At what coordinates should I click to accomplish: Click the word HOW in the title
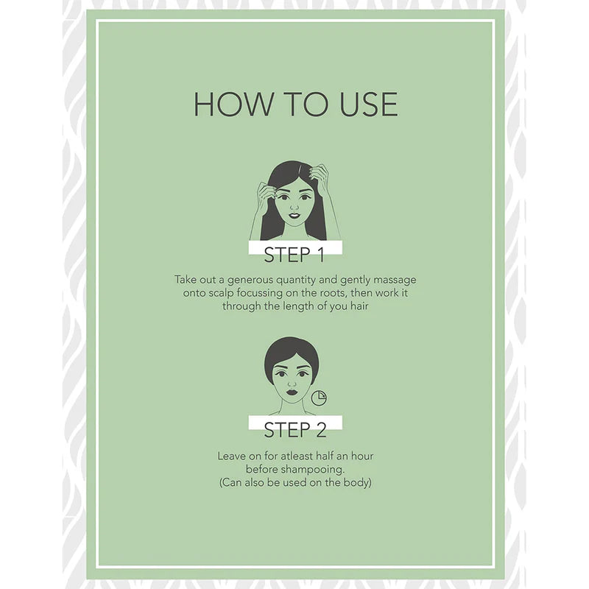[x=233, y=104]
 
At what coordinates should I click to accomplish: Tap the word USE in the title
[x=368, y=104]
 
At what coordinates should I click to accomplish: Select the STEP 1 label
[x=294, y=255]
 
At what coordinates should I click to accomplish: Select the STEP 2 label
[x=295, y=430]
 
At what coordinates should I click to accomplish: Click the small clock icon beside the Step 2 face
[x=319, y=398]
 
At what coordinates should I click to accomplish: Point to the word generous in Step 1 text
[x=250, y=281]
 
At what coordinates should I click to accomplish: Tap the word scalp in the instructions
[x=222, y=293]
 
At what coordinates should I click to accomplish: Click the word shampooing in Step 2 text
[x=312, y=470]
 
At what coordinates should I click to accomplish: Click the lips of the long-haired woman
[x=294, y=216]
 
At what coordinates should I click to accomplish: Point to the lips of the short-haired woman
[x=292, y=392]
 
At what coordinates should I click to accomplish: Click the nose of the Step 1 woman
[x=294, y=207]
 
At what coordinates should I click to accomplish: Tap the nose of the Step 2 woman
[x=292, y=383]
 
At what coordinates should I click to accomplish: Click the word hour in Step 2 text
[x=362, y=456]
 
